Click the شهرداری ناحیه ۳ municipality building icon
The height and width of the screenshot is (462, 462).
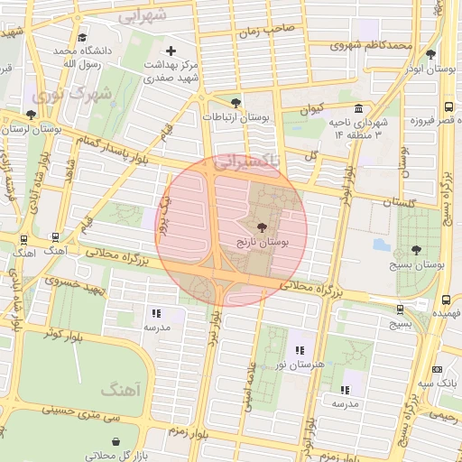358,109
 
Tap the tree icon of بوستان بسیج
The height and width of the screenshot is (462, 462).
416,249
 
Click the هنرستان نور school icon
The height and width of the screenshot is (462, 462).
300,349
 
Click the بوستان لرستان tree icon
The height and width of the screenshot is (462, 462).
32,115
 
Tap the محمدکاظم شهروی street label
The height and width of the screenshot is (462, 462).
371,43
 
